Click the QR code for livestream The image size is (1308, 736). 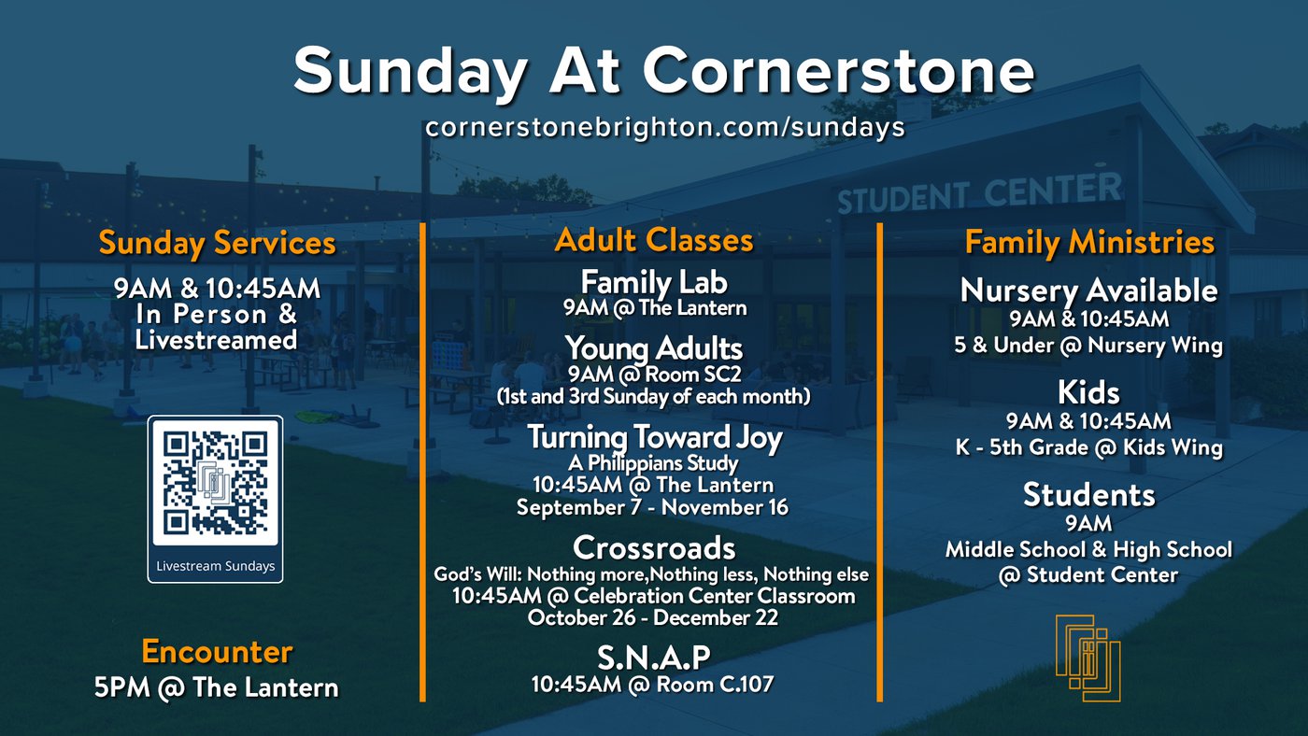pos(215,483)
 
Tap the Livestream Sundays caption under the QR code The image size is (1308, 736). pos(216,566)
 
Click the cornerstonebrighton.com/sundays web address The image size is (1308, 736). pos(665,127)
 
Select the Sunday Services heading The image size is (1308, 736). pos(217,243)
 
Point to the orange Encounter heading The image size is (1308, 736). pos(217,651)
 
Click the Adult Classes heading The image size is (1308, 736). pos(654,240)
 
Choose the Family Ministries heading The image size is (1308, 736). pos(1089,242)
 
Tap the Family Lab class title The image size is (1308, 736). pos(654,282)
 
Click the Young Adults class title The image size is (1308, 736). pos(654,348)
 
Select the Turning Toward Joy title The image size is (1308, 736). pos(655,438)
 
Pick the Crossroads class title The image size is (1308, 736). pos(654,548)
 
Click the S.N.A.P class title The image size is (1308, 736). pos(653,658)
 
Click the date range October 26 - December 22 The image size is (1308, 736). pos(653,617)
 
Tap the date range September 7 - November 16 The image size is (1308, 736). pos(653,507)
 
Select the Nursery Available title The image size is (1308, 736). pos(1089,290)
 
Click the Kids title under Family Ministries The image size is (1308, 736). pos(1089,393)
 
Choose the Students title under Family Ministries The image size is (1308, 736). pos(1089,495)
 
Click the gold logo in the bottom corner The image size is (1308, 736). pos(1088,658)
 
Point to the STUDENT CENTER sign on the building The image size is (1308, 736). pos(979,193)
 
